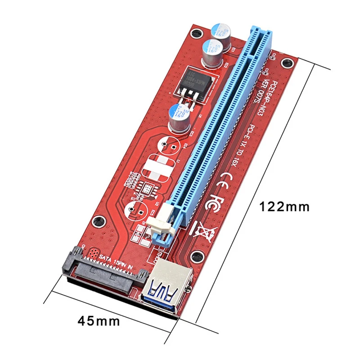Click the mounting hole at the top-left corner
click(195, 34)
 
